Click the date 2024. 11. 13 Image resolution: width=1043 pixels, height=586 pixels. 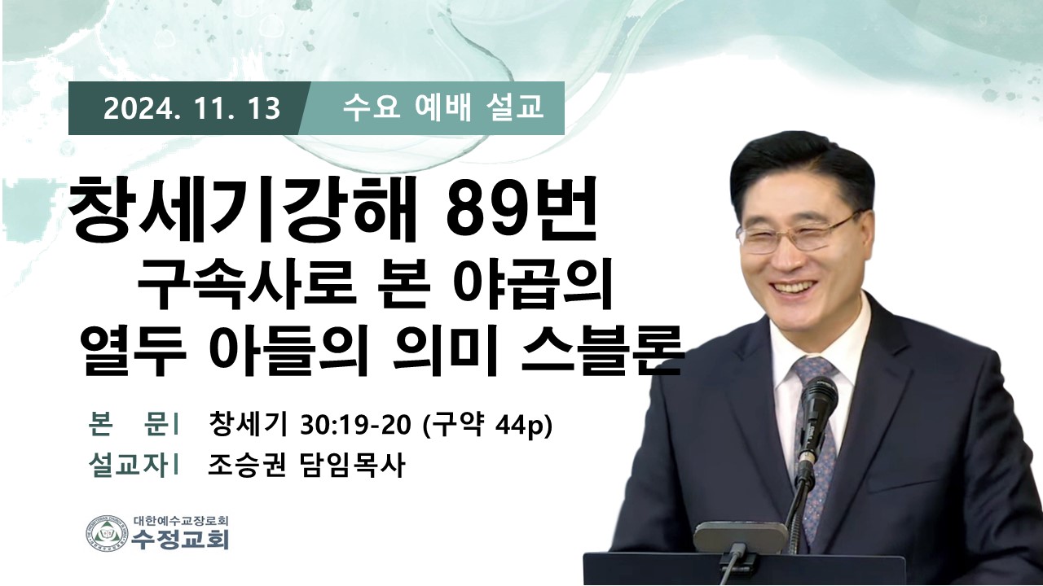pos(191,109)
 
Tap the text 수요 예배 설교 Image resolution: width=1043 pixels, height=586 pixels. pos(443,108)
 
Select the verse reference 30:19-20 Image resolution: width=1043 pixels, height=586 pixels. pos(356,425)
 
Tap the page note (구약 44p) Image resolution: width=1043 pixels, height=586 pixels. pos(486,425)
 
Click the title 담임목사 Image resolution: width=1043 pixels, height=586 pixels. pos(350,465)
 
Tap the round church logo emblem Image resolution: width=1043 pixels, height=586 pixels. pos(107,534)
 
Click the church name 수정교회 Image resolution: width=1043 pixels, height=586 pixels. pos(180,540)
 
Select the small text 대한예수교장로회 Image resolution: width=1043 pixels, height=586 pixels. pos(181,519)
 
